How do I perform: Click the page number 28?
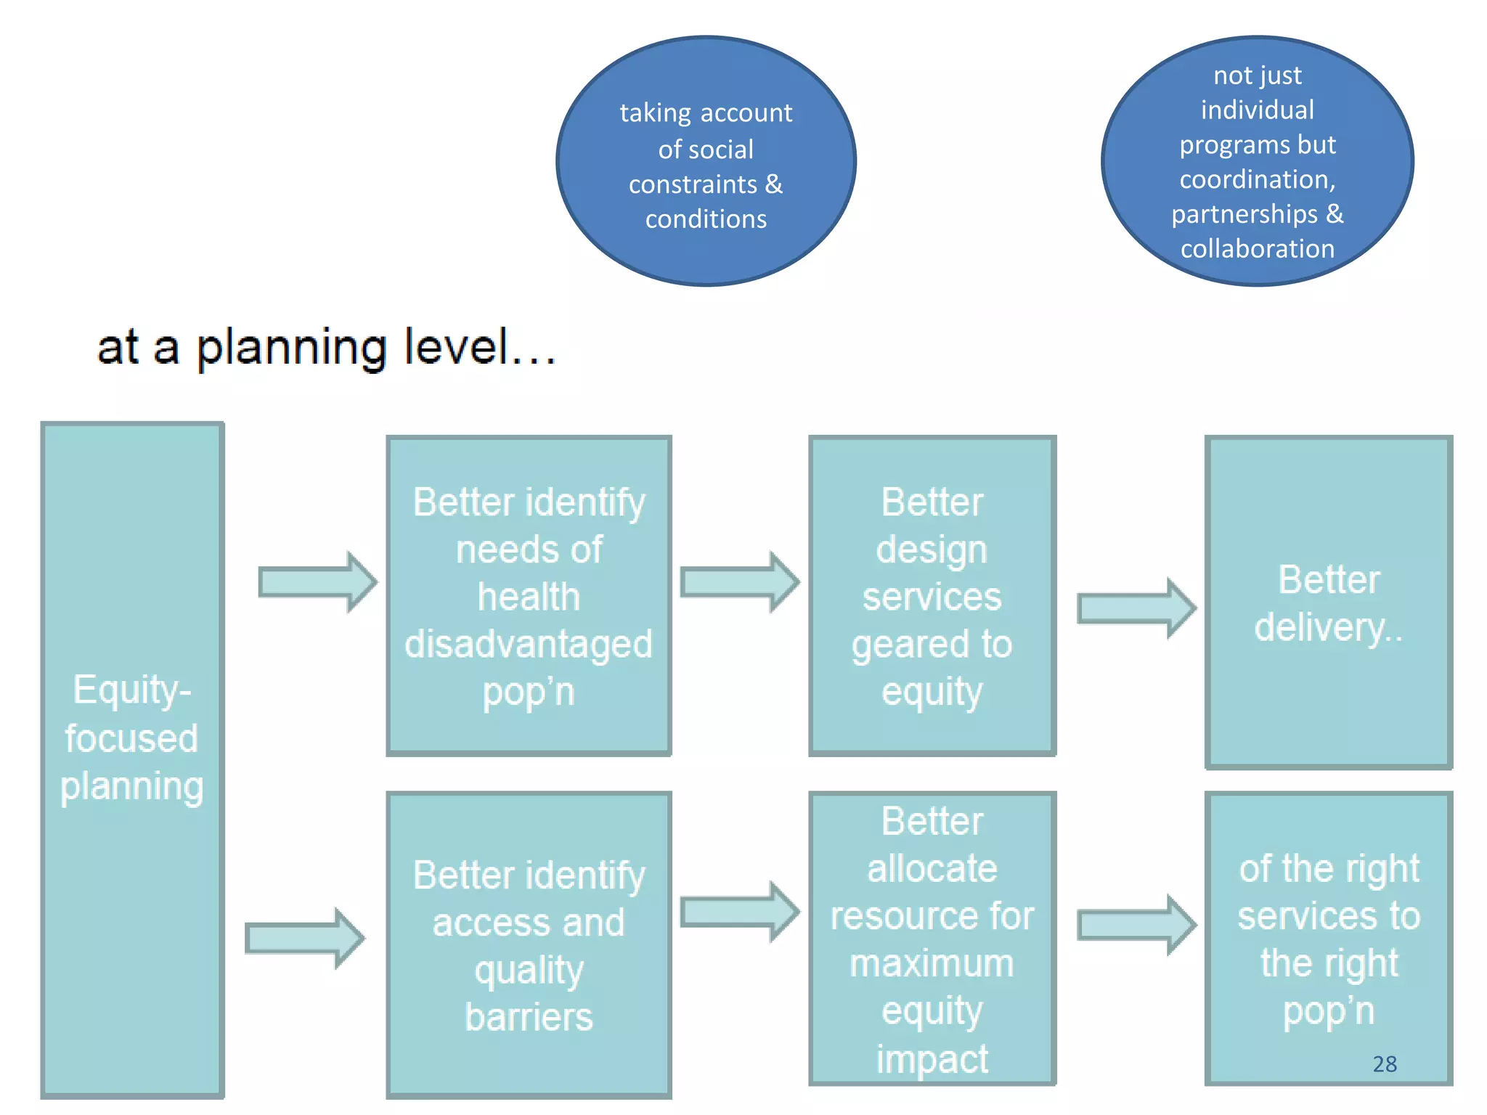[x=1385, y=1063]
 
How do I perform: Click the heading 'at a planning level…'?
[x=326, y=348]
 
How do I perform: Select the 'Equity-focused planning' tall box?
[x=132, y=759]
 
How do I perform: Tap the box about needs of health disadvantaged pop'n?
[x=529, y=595]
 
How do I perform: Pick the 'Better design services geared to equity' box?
[x=932, y=595]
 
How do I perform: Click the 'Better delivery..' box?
[x=1328, y=602]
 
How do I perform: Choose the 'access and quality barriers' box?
[x=529, y=944]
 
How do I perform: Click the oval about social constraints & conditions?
[x=706, y=161]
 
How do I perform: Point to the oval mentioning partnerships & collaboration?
[x=1257, y=161]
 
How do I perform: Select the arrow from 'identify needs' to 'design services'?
[x=739, y=582]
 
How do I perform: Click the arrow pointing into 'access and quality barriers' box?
[x=304, y=938]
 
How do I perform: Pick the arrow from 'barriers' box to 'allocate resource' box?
[x=739, y=912]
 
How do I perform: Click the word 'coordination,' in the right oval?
[x=1257, y=179]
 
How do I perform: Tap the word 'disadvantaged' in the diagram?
[x=529, y=645]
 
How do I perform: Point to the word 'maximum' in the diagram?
[x=932, y=964]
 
